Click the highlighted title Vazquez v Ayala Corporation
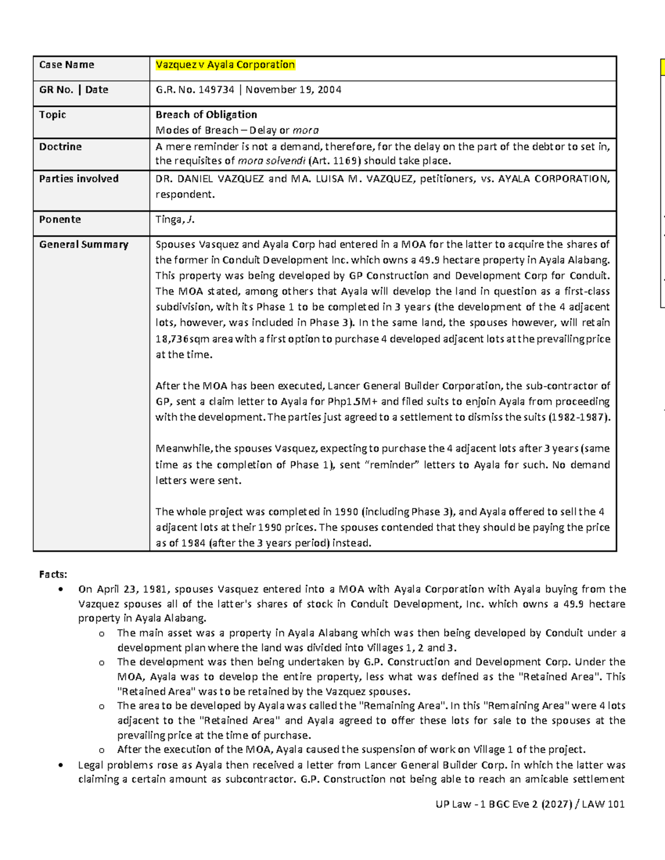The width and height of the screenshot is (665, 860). coord(225,65)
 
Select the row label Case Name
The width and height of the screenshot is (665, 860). coord(66,65)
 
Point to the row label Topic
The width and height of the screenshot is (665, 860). coord(52,115)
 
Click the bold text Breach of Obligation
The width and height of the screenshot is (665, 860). coord(206,115)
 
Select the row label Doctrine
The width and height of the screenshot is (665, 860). coord(60,147)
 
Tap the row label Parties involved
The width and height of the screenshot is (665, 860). coord(79,179)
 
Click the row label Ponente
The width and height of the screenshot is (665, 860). coord(60,219)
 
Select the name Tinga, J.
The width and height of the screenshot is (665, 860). coord(175,220)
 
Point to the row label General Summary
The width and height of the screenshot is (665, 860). coord(83,245)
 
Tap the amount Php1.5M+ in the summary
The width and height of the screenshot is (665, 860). coord(352,401)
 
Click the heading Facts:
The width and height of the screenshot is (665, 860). coord(53,574)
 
